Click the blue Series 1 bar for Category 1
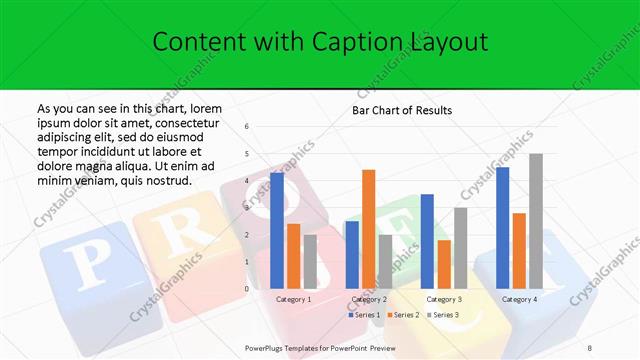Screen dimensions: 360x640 point(277,230)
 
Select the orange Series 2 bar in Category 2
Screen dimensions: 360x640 point(368,229)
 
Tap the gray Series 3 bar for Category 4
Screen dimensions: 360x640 point(536,221)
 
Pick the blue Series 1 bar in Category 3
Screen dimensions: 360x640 point(427,241)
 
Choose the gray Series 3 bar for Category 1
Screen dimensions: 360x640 point(310,261)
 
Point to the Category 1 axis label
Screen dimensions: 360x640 point(293,299)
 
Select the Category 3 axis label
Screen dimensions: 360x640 point(443,299)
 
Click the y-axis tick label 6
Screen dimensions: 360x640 point(247,126)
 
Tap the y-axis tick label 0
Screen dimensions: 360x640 point(247,289)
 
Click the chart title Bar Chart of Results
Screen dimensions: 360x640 point(402,110)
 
